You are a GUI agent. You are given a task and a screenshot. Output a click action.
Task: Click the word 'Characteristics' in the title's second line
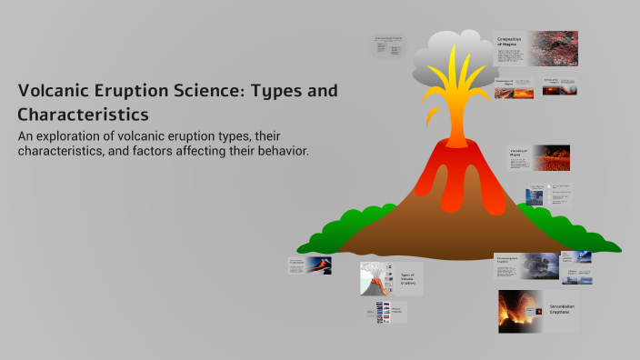pos(83,115)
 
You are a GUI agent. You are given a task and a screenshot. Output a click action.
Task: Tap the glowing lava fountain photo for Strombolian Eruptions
pos(521,312)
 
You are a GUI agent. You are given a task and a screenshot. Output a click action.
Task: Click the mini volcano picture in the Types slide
pos(374,278)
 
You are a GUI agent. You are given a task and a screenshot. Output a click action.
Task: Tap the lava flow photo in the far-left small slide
pos(317,265)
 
